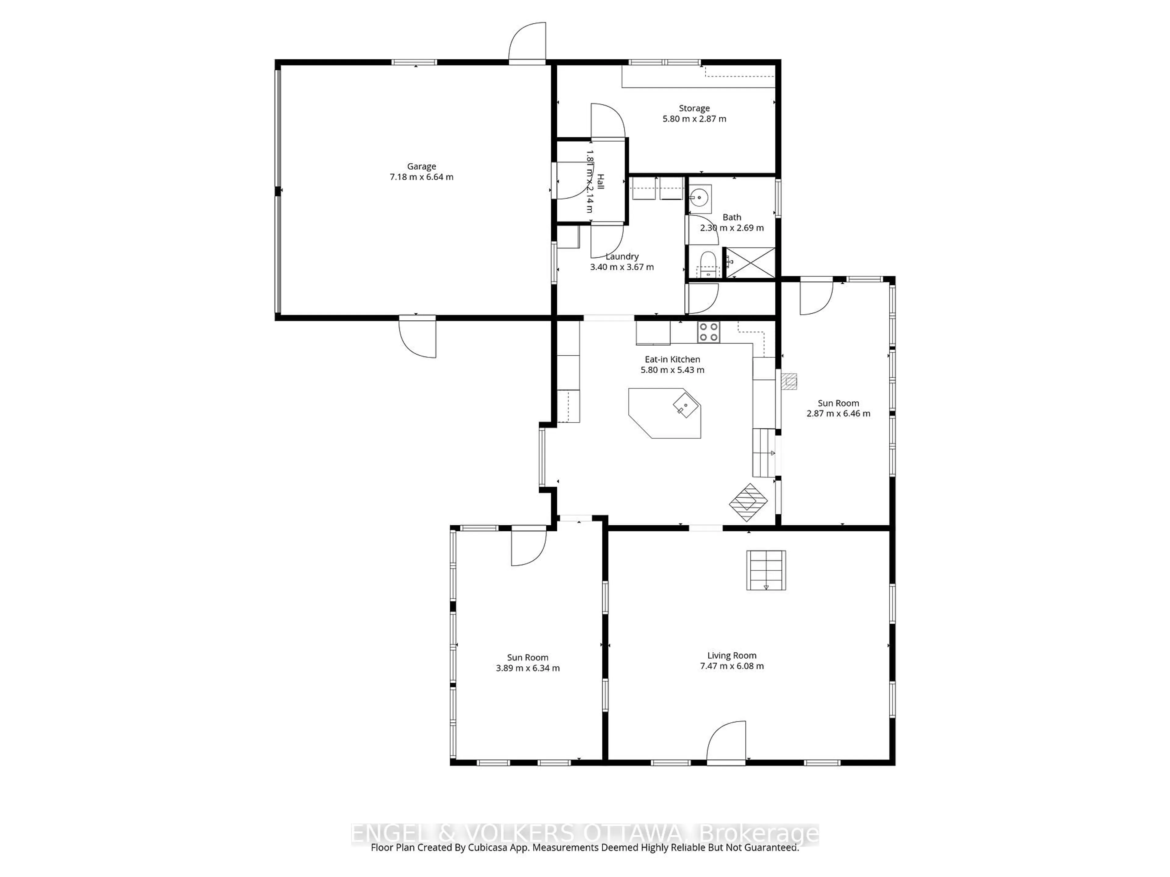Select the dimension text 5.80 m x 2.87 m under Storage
pos(694,119)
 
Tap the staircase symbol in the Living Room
pos(765,570)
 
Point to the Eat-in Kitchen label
pos(672,359)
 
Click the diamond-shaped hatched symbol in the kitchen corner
pos(748,502)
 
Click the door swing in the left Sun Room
pos(528,547)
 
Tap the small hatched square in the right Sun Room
pos(790,381)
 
